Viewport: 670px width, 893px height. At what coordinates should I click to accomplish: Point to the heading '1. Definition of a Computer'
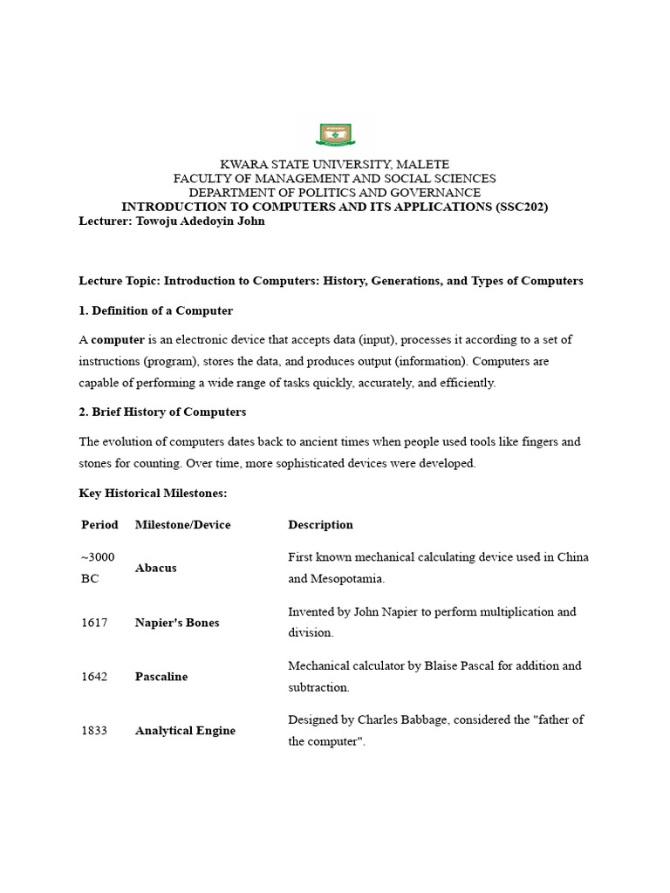(156, 310)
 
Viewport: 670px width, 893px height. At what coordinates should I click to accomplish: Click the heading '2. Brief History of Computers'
(162, 412)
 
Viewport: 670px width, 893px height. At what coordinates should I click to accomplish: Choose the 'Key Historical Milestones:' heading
(153, 494)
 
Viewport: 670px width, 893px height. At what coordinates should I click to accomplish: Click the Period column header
(99, 525)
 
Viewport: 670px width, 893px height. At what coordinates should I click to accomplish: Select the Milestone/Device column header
(183, 525)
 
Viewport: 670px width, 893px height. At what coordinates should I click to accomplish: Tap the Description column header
(320, 525)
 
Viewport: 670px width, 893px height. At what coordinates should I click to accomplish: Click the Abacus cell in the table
(156, 568)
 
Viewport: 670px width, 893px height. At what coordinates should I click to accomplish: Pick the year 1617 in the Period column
(94, 623)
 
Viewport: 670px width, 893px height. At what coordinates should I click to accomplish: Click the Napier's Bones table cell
(177, 623)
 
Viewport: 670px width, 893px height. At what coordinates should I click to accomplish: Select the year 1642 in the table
(94, 677)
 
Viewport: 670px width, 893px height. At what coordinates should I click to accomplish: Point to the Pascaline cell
(161, 677)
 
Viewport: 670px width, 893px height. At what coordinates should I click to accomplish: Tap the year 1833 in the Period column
(94, 731)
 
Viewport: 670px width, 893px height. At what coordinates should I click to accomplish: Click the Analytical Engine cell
(185, 731)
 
